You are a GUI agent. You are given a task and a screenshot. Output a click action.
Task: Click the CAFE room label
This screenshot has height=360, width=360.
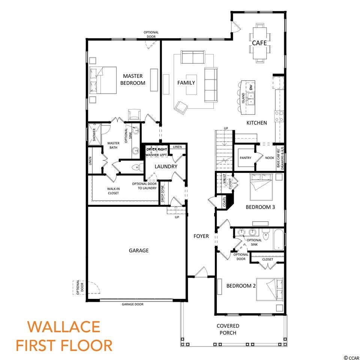point(259,43)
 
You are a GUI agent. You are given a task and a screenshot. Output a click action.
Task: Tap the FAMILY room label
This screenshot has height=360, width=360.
point(186,82)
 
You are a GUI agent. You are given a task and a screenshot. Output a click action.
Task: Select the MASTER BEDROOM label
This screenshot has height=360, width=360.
point(133,79)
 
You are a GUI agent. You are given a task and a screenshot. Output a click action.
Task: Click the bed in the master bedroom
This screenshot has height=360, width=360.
point(103,80)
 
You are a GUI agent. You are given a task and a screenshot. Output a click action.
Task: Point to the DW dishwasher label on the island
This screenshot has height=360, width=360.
point(251,87)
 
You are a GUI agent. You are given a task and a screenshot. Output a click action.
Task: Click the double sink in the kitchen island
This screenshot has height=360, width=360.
point(250,99)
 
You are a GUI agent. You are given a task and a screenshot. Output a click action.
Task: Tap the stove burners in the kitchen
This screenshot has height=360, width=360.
point(279,116)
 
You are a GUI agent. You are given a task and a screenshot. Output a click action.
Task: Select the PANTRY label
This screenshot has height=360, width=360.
point(245,158)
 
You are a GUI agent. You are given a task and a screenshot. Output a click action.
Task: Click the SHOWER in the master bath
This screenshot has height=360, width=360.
point(94,135)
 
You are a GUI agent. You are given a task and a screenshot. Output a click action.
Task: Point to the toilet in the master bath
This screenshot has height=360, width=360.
point(137,167)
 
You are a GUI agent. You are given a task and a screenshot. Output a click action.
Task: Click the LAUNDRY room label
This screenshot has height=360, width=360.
point(166,166)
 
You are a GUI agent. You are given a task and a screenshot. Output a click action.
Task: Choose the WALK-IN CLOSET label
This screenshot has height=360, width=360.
point(113,191)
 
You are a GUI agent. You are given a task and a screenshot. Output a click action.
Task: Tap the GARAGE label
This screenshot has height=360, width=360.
point(139,250)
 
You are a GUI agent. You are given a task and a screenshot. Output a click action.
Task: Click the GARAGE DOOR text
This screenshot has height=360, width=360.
point(132,304)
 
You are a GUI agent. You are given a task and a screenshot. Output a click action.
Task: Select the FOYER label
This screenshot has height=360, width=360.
point(201,236)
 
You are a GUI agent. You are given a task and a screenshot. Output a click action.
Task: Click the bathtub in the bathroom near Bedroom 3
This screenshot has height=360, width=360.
point(279,240)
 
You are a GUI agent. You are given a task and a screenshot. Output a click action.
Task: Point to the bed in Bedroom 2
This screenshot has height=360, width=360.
point(270,289)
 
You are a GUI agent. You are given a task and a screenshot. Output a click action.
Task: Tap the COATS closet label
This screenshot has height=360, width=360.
point(225,202)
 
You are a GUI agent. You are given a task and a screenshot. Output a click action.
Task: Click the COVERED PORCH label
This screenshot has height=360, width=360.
point(228,329)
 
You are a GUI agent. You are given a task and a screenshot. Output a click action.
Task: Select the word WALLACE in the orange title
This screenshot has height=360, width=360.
point(64,327)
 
